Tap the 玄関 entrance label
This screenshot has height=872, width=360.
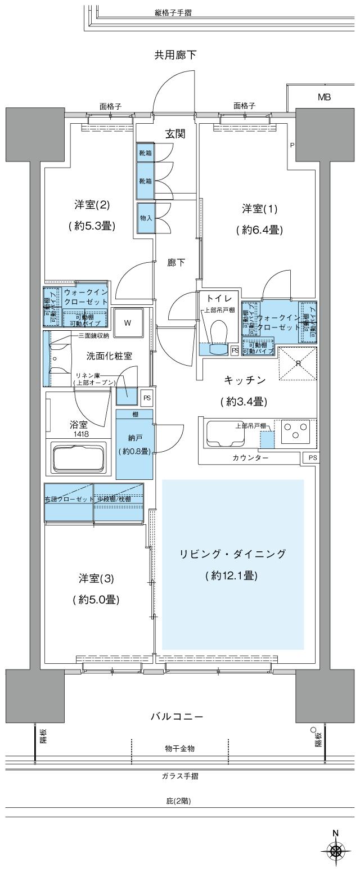(x=175, y=134)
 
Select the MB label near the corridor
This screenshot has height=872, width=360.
(x=324, y=97)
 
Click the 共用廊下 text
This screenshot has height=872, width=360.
(x=175, y=55)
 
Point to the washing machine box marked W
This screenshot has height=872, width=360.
(x=128, y=323)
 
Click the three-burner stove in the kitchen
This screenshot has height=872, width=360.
(x=294, y=432)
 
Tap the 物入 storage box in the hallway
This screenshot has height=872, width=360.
(x=145, y=218)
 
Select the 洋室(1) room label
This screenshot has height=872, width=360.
(x=260, y=209)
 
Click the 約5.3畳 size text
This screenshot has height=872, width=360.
(x=92, y=226)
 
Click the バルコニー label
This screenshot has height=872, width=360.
(x=176, y=717)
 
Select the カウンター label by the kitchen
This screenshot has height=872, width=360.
(x=250, y=458)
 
